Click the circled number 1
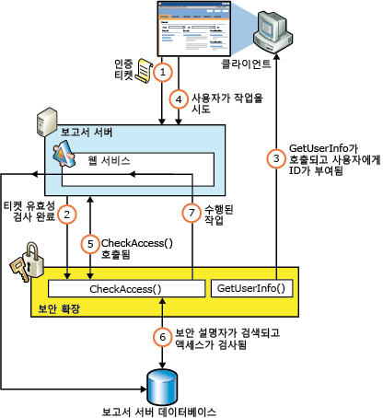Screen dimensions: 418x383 pyautogui.click(x=163, y=70)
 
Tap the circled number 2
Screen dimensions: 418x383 pyautogui.click(x=67, y=215)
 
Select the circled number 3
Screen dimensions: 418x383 pyautogui.click(x=275, y=158)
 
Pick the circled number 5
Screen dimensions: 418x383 pyautogui.click(x=89, y=244)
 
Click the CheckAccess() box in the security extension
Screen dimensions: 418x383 pyautogui.click(x=124, y=289)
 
